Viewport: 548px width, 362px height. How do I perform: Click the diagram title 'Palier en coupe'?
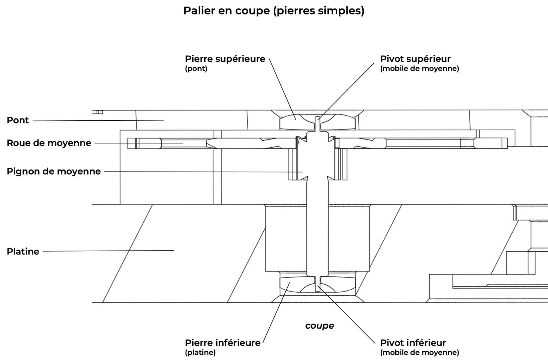click(x=273, y=11)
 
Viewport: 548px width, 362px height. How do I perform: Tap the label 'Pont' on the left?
click(x=18, y=120)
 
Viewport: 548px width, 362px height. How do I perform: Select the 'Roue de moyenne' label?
click(x=49, y=143)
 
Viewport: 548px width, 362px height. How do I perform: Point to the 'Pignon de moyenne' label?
click(x=54, y=171)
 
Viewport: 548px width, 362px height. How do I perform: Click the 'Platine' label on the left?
click(x=23, y=252)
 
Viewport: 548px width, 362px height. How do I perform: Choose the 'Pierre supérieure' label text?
click(x=225, y=59)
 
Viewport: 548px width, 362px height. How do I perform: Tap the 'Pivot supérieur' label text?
click(x=415, y=59)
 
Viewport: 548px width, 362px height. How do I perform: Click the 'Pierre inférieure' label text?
click(x=223, y=343)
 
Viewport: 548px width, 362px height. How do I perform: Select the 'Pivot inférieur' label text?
click(x=413, y=343)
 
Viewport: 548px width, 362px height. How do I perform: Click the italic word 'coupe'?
click(x=319, y=326)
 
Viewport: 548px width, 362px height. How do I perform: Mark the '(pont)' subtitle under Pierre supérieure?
click(x=196, y=69)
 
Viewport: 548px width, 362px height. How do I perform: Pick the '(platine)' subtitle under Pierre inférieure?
click(x=200, y=353)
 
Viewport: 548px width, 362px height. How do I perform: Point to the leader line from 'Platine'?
click(x=108, y=251)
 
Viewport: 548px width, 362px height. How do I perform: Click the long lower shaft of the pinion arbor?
click(x=317, y=228)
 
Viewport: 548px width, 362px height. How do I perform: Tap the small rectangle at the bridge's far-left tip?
click(x=97, y=112)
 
